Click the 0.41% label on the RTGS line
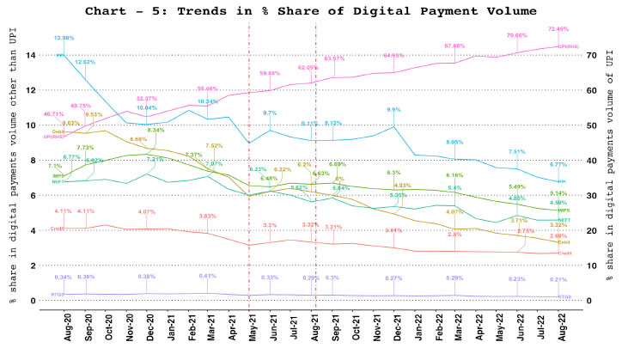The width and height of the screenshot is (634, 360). [207, 276]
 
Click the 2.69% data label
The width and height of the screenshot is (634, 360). [558, 235]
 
